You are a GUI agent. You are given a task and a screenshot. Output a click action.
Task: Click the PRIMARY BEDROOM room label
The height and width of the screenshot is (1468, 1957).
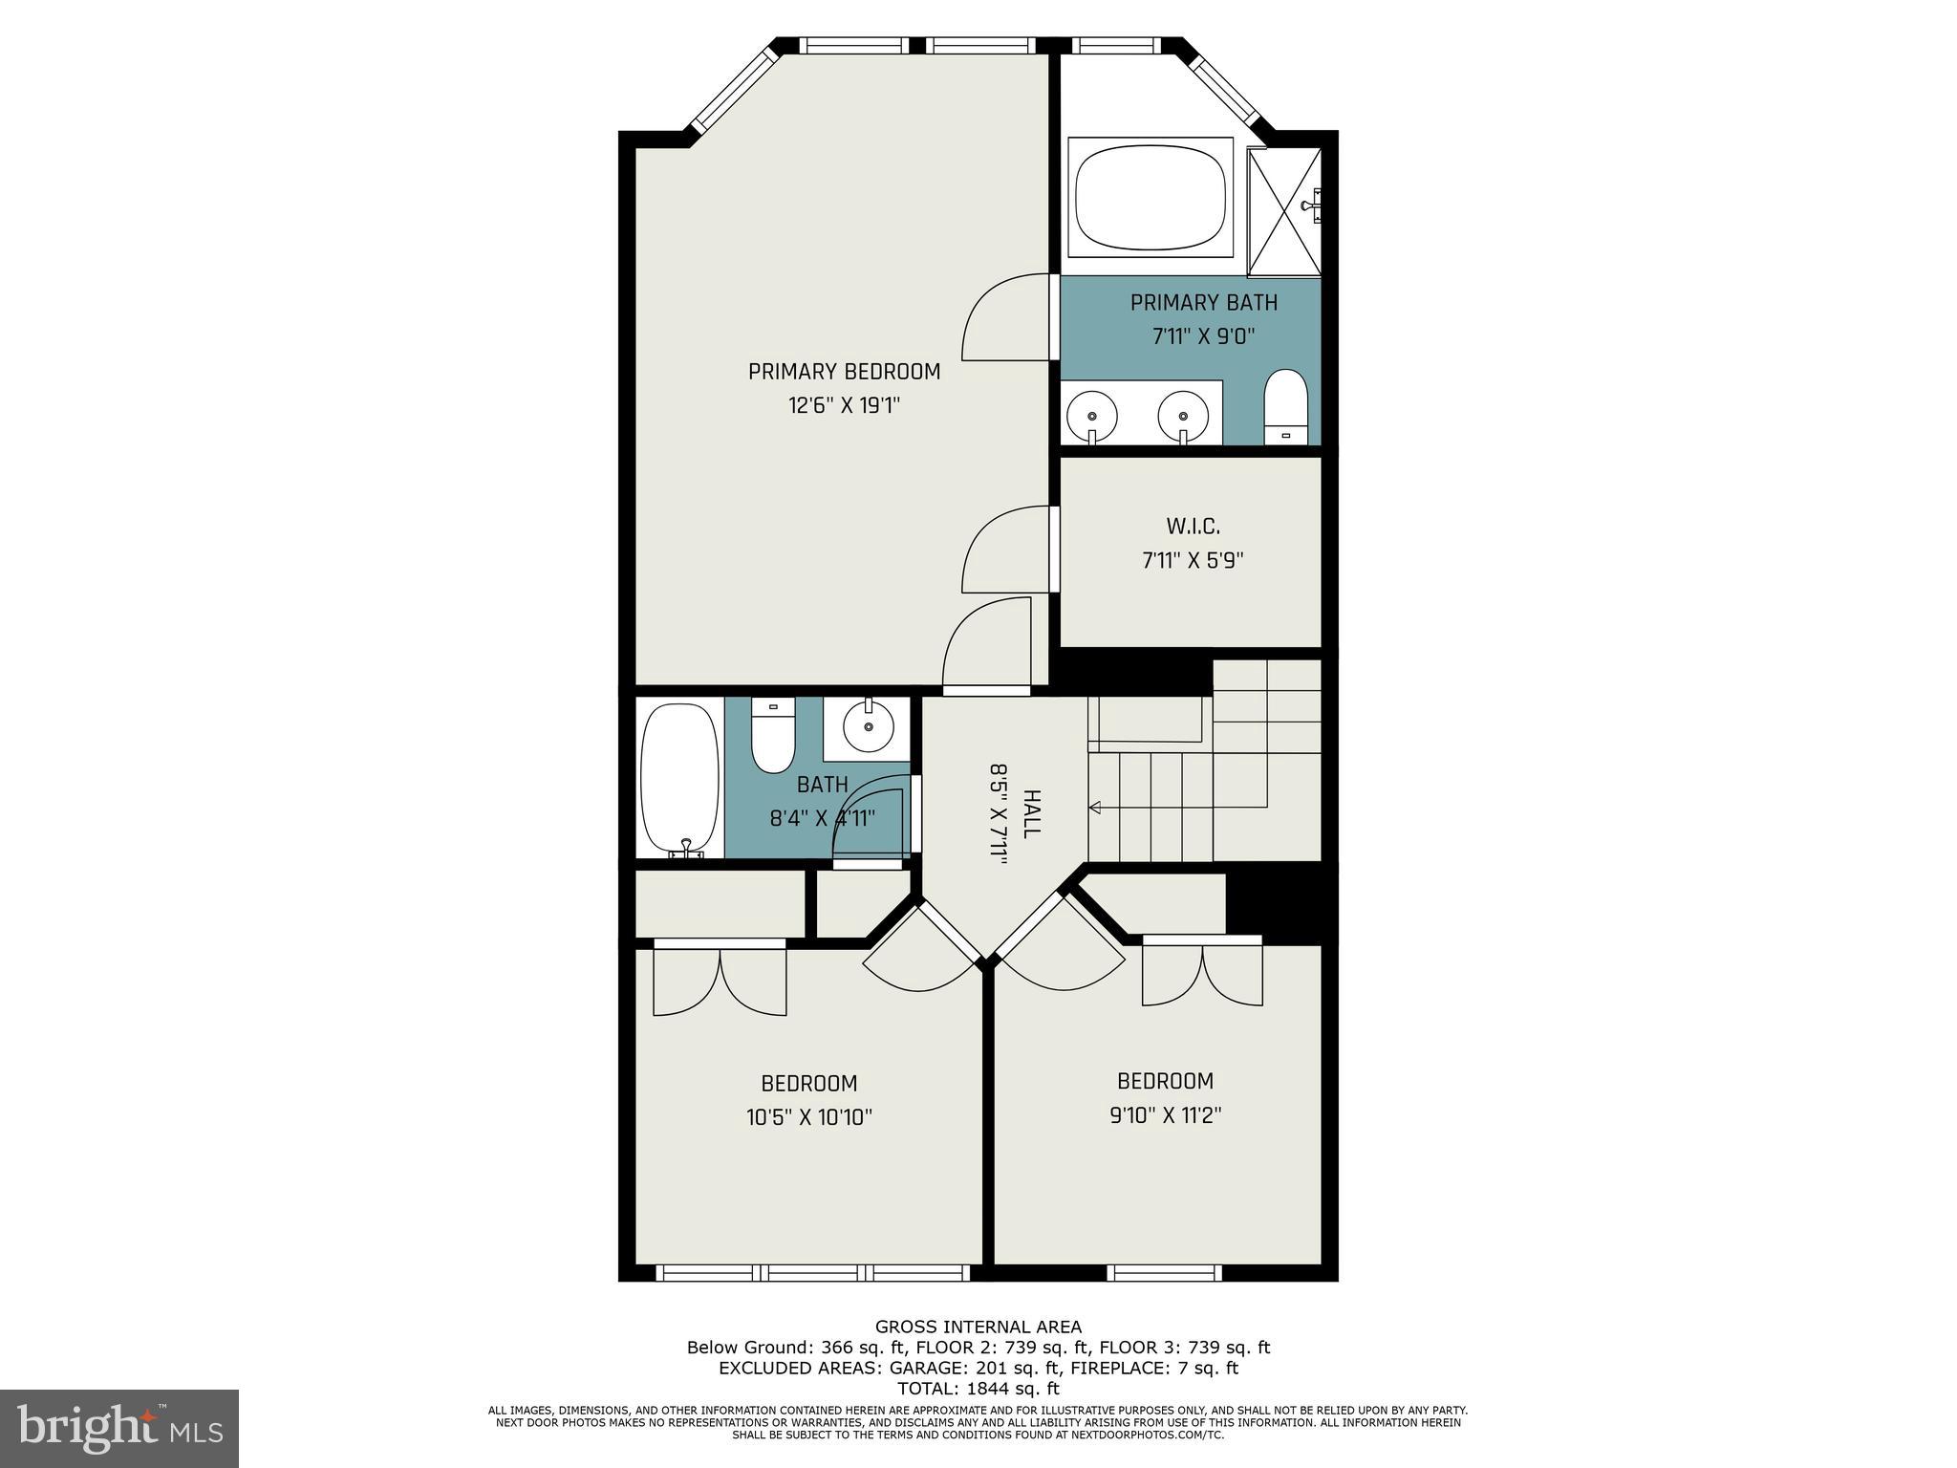[x=844, y=372]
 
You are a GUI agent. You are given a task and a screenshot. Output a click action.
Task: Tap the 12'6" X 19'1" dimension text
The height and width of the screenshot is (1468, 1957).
[x=844, y=406]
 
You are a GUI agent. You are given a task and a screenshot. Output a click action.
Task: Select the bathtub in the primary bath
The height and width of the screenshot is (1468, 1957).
[x=1150, y=198]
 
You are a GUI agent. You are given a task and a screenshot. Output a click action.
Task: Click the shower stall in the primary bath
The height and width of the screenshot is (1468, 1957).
[x=1285, y=212]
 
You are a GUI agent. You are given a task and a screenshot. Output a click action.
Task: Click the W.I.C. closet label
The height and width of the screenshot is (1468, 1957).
[x=1193, y=527]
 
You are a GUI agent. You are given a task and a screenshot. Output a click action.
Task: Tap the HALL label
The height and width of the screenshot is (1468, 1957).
[x=1030, y=814]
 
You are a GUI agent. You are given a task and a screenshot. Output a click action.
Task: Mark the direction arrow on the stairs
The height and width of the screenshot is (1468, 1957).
[x=1095, y=809]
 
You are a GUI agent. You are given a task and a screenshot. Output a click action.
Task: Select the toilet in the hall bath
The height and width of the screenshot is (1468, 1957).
[x=773, y=736]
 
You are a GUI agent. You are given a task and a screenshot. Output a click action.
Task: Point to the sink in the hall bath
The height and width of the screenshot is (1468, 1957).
[x=868, y=727]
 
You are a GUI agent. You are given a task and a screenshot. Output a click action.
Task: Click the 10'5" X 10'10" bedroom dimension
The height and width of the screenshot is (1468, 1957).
[x=809, y=1117]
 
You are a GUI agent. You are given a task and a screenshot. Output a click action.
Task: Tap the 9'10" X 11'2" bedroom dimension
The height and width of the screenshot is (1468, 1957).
[x=1165, y=1115]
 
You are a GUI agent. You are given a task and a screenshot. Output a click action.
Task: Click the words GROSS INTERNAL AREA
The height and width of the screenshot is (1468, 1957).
[x=978, y=1327]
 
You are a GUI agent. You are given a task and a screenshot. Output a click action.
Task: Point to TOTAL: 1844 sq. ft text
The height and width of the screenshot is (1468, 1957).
[x=978, y=1389]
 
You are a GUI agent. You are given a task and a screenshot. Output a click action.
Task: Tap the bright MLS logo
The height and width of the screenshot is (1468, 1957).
[x=119, y=1427]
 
